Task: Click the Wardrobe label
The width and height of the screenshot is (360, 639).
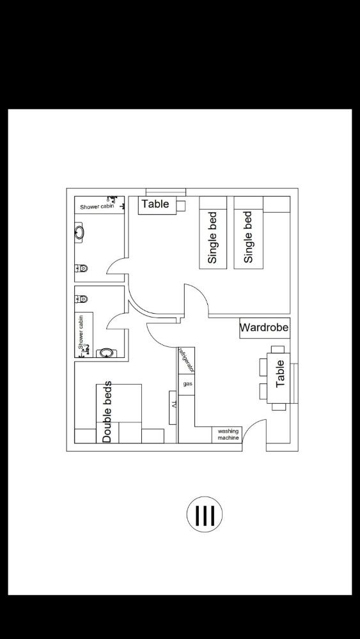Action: point(264,328)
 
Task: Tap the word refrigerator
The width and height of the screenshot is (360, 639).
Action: point(187,360)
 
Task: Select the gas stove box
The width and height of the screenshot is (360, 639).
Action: point(187,384)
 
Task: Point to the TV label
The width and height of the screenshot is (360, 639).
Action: point(173,406)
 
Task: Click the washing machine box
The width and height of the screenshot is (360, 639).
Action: point(227,435)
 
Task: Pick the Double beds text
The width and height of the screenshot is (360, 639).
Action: point(107,412)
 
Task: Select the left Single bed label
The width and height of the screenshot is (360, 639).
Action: point(213,237)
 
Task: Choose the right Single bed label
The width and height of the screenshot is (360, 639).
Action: point(248,237)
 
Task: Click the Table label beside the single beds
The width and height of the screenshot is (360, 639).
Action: point(155,204)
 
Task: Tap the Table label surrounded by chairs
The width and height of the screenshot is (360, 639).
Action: point(281,374)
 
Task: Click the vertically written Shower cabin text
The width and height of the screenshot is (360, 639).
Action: point(81,332)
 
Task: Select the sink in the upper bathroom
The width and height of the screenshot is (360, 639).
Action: point(79,233)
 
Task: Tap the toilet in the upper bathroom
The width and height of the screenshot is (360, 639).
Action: point(81,268)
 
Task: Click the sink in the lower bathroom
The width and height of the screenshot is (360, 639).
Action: point(106,353)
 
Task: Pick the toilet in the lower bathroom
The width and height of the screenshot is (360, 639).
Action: point(81,299)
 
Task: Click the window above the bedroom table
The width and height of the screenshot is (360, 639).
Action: point(166,192)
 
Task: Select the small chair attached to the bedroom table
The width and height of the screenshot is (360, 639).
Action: point(181,205)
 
